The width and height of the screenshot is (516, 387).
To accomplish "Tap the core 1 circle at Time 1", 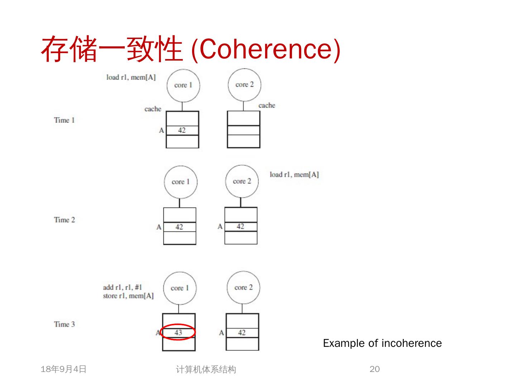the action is pyautogui.click(x=183, y=85).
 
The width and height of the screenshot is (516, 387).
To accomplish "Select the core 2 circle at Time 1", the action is pyautogui.click(x=244, y=85).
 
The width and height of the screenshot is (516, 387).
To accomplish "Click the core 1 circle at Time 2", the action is pyautogui.click(x=180, y=182).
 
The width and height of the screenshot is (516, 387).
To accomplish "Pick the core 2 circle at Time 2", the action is pyautogui.click(x=242, y=181).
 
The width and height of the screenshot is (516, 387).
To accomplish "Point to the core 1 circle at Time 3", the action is pyautogui.click(x=180, y=288).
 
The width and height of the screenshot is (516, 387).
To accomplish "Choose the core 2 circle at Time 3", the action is pyautogui.click(x=243, y=287).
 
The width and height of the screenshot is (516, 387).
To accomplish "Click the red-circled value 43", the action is pyautogui.click(x=178, y=333).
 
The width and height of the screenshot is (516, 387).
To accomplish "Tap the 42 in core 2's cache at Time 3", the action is pyautogui.click(x=242, y=333).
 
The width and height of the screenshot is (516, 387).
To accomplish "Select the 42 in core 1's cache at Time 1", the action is pyautogui.click(x=182, y=130).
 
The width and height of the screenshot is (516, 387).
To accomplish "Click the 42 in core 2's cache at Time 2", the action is pyautogui.click(x=240, y=226).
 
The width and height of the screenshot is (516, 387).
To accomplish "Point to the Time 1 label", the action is pyautogui.click(x=64, y=120).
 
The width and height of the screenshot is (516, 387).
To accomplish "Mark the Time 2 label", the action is pyautogui.click(x=64, y=220).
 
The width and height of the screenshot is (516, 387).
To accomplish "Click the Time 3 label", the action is pyautogui.click(x=64, y=324).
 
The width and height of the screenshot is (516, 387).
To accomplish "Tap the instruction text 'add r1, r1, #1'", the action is pyautogui.click(x=123, y=287).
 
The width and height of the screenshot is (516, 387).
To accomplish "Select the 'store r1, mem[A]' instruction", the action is pyautogui.click(x=128, y=296).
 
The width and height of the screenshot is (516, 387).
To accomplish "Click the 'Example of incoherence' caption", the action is pyautogui.click(x=382, y=343).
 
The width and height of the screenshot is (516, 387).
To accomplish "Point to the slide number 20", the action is pyautogui.click(x=374, y=369).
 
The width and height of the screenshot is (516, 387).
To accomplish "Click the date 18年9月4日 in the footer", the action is pyautogui.click(x=64, y=369).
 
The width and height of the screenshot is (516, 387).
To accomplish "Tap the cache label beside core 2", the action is pyautogui.click(x=267, y=105).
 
